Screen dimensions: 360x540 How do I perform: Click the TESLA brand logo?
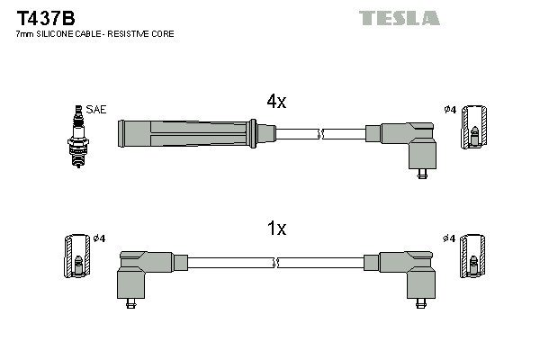[400, 18]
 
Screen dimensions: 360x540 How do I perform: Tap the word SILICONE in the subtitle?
[58, 34]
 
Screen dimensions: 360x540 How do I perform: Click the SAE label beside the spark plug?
[96, 109]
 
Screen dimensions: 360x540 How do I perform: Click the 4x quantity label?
[276, 102]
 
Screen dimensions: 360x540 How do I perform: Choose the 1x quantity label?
[276, 229]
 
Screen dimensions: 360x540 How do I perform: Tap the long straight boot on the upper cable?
[189, 133]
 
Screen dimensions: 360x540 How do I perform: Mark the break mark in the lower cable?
[278, 263]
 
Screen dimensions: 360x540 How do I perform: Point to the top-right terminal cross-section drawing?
[476, 127]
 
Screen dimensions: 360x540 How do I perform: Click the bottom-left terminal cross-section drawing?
[77, 256]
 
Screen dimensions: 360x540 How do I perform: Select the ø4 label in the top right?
[451, 110]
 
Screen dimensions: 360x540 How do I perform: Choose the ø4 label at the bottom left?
[100, 238]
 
